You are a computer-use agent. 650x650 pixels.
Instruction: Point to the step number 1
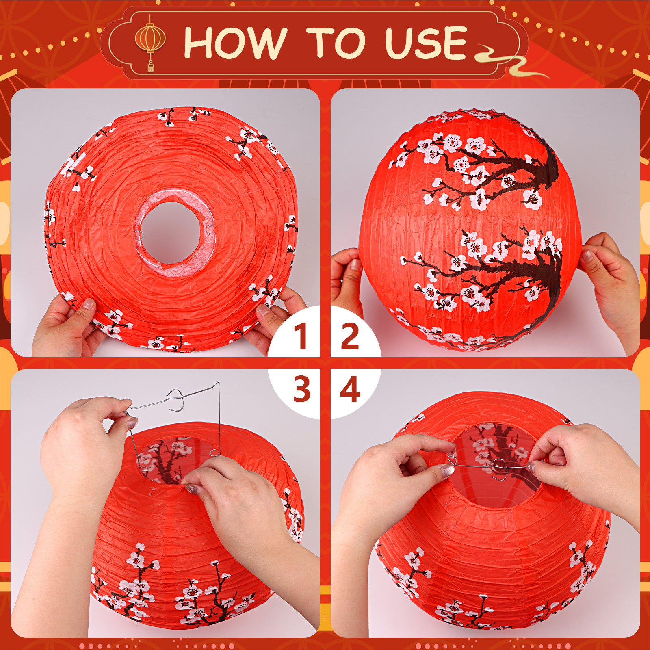(x=301, y=336)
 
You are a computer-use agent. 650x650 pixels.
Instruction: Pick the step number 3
(x=302, y=389)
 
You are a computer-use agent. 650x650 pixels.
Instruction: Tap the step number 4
(x=350, y=389)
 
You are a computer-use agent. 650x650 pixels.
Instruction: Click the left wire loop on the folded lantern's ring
(x=139, y=235)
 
